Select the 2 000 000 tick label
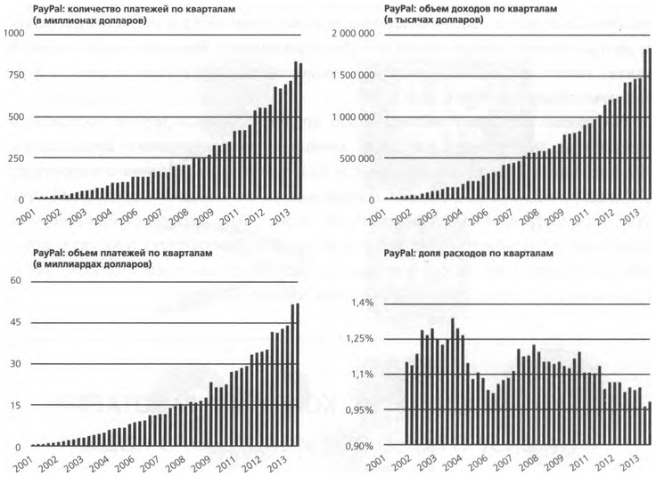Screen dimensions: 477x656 356,33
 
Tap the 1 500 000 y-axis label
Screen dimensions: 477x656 356,75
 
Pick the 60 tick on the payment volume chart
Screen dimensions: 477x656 14,280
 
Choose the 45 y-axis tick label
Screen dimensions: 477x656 14,322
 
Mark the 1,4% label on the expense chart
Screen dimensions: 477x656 362,303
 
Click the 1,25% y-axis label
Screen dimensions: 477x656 359,339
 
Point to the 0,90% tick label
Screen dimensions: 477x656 359,446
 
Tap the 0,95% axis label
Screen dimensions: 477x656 359,410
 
